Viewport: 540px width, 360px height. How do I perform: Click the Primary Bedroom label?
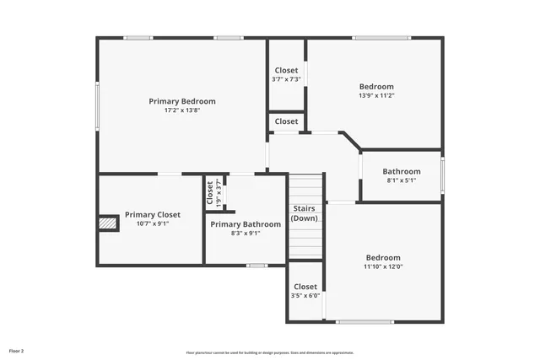tap(182, 101)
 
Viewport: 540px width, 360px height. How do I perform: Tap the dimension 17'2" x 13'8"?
tap(182, 110)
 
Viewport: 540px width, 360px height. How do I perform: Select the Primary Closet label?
tap(153, 215)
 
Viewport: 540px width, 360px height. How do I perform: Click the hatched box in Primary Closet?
tap(107, 223)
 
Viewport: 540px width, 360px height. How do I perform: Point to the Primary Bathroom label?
tap(246, 224)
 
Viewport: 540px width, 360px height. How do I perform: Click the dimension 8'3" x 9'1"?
tap(246, 234)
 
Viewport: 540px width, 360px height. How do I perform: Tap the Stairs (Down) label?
tap(305, 213)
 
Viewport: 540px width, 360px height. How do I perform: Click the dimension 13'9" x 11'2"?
tap(376, 95)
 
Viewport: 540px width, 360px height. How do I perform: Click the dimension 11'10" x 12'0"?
tap(383, 266)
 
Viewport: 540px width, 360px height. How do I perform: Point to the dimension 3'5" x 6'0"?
tap(305, 296)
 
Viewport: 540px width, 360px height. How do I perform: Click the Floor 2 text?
tap(17, 350)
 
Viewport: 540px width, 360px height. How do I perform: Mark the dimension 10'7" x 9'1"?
tap(153, 224)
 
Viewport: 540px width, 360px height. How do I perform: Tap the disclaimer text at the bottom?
tap(270, 352)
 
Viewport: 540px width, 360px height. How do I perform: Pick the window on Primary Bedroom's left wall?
tap(97, 105)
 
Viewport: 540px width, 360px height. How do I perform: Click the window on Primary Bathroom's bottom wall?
tap(256, 266)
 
